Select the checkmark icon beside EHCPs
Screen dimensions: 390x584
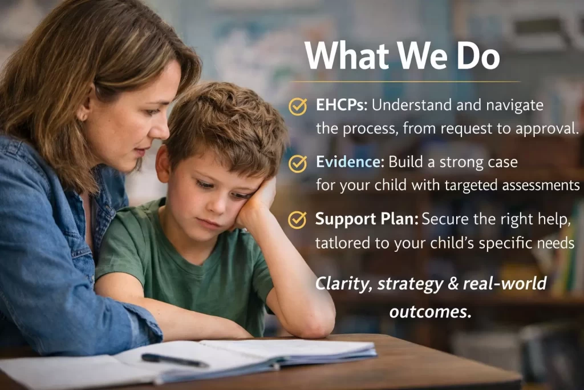(298, 106)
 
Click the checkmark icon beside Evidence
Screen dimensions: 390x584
(298, 163)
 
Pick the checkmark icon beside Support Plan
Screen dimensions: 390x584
(297, 220)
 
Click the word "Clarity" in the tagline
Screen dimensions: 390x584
(342, 283)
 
